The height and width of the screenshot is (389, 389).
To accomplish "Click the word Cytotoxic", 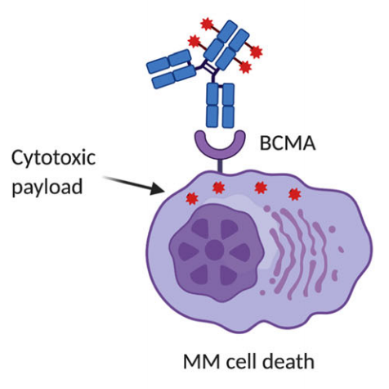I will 51,155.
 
